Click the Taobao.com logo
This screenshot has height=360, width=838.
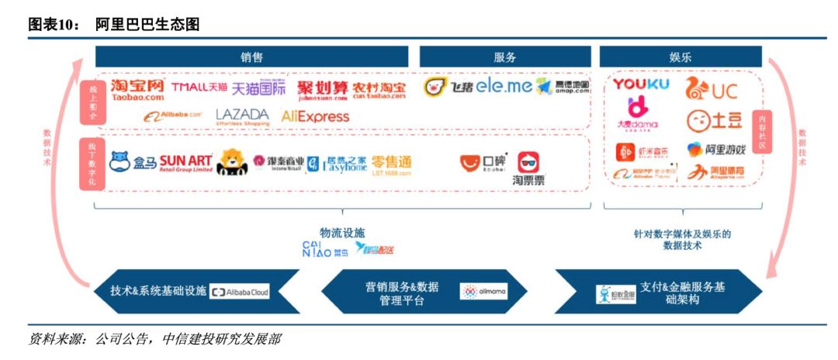click(137, 89)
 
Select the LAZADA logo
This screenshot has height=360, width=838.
click(242, 117)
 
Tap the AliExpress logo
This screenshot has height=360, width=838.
click(315, 117)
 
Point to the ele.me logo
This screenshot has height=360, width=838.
click(504, 86)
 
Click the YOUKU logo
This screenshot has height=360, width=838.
click(641, 84)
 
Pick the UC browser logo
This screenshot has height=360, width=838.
click(711, 89)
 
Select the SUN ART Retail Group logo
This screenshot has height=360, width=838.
click(185, 163)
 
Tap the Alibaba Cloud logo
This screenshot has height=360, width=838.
click(240, 292)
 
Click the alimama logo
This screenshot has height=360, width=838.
click(483, 292)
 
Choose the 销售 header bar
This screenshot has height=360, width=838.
click(251, 57)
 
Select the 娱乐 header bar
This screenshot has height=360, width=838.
click(680, 57)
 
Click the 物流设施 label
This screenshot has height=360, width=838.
click(341, 233)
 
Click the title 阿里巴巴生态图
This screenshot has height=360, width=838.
click(147, 25)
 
